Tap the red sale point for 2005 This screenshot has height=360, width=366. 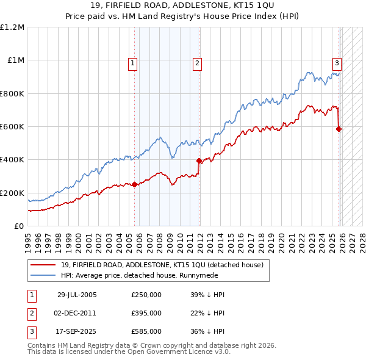point(135,185)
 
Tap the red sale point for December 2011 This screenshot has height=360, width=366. point(199,160)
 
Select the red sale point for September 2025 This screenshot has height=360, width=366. point(339,129)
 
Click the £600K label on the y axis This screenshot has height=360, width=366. point(12,127)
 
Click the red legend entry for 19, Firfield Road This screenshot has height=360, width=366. point(162,265)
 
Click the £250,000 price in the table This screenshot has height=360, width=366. point(146,295)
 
